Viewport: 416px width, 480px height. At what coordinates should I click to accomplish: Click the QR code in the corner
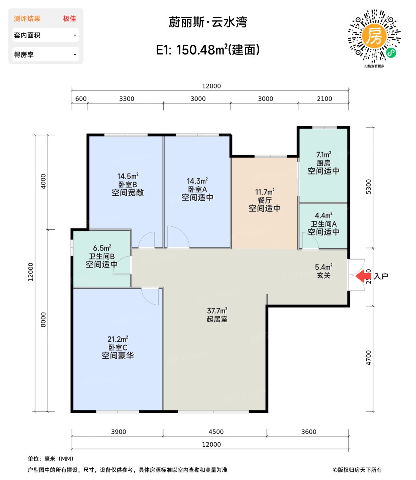point(374,36)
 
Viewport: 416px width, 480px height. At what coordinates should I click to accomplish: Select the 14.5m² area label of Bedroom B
point(128,176)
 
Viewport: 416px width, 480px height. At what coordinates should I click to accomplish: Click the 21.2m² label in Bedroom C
point(118,339)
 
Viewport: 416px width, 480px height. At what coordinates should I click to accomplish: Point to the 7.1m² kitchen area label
point(323,154)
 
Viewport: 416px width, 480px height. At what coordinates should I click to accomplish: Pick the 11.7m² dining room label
point(265,192)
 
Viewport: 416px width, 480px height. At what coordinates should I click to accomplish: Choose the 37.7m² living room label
point(217,311)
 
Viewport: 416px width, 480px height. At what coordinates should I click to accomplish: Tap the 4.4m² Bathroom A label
point(323,215)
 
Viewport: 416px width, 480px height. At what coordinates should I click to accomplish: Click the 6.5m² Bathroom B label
point(102,248)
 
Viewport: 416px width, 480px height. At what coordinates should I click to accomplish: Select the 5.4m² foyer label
point(323,267)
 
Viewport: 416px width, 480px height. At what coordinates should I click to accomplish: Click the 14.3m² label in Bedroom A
point(197,181)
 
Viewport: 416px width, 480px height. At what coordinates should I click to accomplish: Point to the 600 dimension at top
point(81,99)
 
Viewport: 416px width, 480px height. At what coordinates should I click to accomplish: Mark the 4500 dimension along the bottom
point(216,432)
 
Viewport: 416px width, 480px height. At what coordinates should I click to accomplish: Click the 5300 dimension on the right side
point(369,187)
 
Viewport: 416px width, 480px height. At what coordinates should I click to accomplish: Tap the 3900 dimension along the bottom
point(118,432)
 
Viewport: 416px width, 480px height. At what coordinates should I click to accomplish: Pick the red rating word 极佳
point(70,19)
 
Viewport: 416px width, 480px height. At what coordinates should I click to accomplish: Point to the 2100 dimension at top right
point(324,99)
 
